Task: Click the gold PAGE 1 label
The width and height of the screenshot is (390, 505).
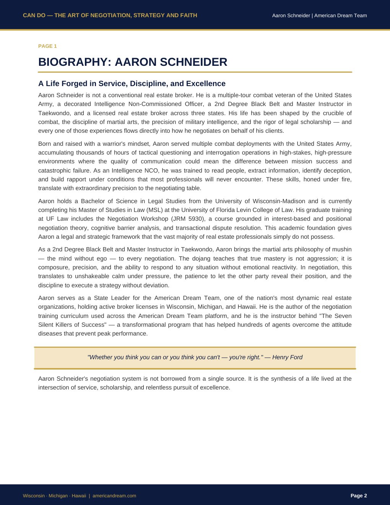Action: click(x=47, y=46)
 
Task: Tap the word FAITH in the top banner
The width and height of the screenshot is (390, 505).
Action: click(x=189, y=15)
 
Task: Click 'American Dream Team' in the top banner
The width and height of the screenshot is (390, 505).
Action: click(x=340, y=16)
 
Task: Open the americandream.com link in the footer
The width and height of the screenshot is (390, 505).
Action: click(x=114, y=496)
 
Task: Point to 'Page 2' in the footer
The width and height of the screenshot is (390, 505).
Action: click(x=359, y=496)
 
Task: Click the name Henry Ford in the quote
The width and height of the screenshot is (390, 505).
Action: click(x=287, y=357)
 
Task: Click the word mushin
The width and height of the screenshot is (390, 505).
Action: click(x=341, y=249)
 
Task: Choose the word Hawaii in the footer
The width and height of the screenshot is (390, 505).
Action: click(x=79, y=496)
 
